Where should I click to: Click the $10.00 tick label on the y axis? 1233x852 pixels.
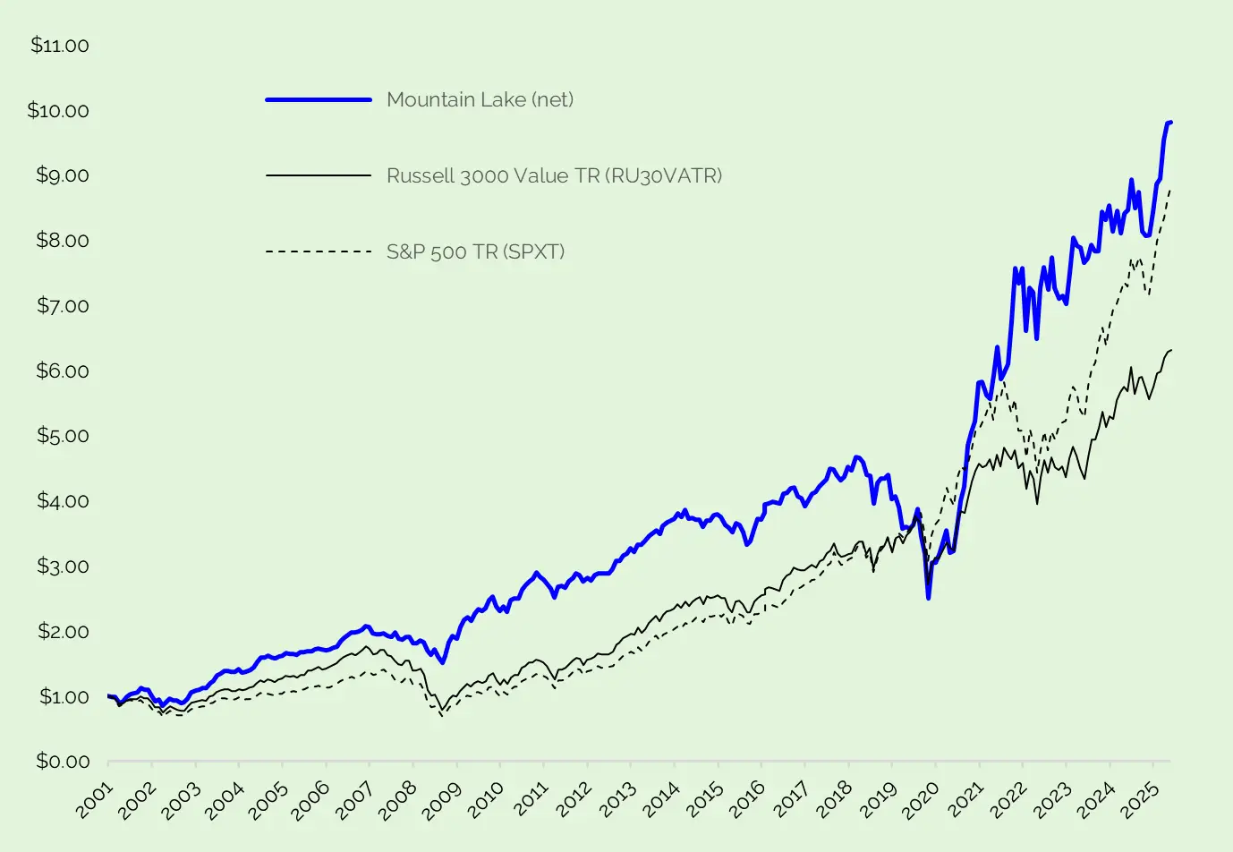coord(58,110)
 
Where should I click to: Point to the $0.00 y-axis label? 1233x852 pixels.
coord(63,762)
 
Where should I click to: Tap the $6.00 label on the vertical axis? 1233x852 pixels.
coord(63,371)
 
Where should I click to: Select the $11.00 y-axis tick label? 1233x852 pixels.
coord(60,46)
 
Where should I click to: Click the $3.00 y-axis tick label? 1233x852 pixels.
coord(63,566)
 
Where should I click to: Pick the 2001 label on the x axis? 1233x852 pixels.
coord(96,798)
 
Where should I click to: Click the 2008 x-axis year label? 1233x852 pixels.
coord(401,798)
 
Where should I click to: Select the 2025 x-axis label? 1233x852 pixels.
coord(1141,798)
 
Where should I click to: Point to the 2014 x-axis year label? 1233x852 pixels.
coord(662,798)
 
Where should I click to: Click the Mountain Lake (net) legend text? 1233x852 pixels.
coord(480,99)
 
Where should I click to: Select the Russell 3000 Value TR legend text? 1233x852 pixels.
coord(554,175)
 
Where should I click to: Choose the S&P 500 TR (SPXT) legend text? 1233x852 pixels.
coord(475,251)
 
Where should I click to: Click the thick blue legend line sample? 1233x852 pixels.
coord(319,99)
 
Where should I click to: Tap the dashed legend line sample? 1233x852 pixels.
coord(319,251)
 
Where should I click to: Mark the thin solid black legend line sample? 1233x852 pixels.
coord(319,175)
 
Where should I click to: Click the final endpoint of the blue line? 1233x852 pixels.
coord(1170,122)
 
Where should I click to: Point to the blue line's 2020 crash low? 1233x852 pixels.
coord(929,598)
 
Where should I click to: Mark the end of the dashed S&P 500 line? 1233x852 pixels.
coord(1170,190)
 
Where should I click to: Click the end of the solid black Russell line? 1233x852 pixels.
coord(1171,350)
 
